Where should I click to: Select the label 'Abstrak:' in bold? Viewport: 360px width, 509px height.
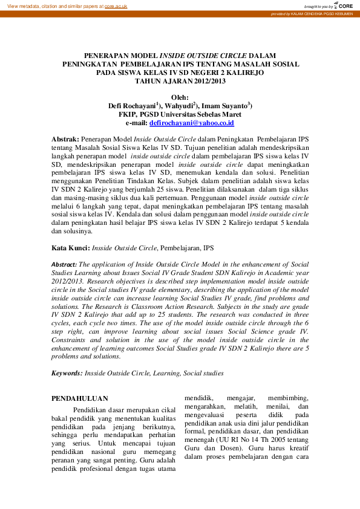(x=65, y=138)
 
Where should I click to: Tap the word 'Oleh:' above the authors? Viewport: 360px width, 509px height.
(x=180, y=97)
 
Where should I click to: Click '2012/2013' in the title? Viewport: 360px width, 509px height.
(x=204, y=80)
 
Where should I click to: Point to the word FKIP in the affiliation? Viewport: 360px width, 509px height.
(x=128, y=114)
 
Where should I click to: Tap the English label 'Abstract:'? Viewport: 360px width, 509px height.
(x=64, y=264)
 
